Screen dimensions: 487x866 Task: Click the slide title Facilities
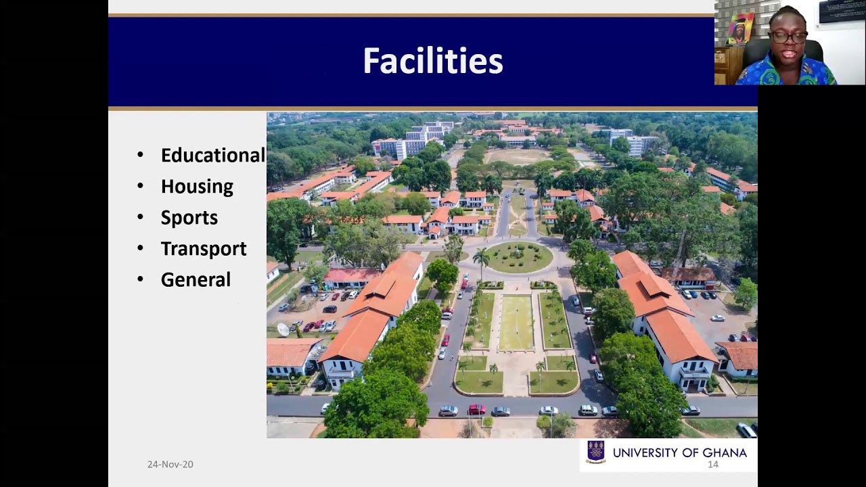[x=432, y=61]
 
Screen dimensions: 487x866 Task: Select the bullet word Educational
[x=212, y=156]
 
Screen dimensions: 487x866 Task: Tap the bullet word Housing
[x=197, y=187]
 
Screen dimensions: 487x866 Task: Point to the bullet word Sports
[x=189, y=218]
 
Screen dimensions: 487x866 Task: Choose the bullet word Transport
[x=204, y=249]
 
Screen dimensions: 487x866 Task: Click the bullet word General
[x=196, y=280]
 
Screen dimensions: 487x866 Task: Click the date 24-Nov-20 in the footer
[x=170, y=464]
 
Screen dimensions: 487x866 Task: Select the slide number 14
[x=712, y=465]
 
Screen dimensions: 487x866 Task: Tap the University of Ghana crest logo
[x=596, y=451]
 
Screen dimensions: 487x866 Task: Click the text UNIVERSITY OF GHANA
[x=679, y=453]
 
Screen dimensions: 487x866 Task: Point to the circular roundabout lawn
[x=518, y=257]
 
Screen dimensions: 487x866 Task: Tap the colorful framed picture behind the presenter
[x=740, y=28]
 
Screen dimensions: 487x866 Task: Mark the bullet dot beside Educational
[x=140, y=156]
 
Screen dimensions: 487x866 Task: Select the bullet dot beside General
[x=140, y=280]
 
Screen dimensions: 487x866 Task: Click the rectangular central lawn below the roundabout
[x=516, y=323]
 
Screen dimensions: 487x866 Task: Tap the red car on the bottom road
[x=476, y=409]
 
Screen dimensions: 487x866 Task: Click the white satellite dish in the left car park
[x=283, y=329]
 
